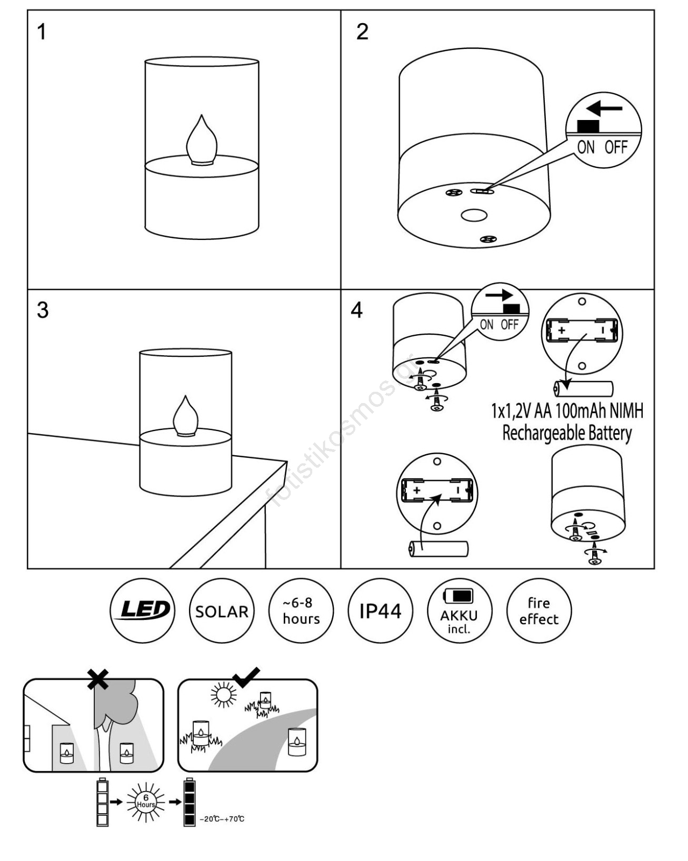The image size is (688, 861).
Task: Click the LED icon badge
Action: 142,611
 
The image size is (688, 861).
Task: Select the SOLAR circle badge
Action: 222,611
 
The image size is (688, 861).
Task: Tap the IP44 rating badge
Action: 381,611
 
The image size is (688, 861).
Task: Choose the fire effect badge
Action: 539,611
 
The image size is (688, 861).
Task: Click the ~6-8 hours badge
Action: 301,611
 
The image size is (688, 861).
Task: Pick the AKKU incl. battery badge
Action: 459,611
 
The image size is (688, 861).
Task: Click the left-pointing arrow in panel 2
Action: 604,108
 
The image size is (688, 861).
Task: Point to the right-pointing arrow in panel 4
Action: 499,295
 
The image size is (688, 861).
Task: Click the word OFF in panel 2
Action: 616,146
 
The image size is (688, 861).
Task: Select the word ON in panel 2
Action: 586,146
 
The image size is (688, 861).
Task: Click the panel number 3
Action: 43,310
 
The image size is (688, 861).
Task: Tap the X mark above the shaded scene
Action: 98,679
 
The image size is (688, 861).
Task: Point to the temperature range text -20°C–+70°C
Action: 222,819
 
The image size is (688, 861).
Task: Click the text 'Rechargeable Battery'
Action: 567,433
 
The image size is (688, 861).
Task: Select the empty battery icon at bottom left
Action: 102,802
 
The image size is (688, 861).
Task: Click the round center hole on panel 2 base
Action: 474,216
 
